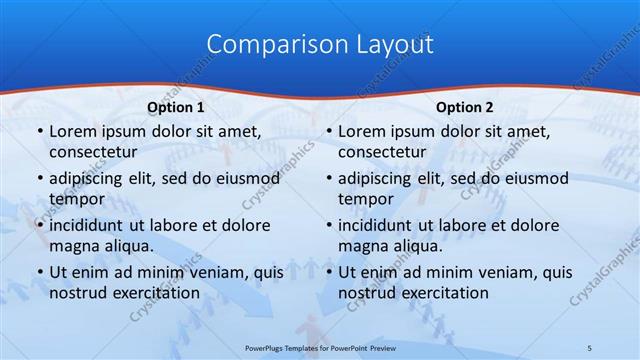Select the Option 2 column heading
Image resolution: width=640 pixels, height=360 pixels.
tap(465, 106)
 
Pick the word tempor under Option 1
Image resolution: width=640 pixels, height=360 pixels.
tap(77, 199)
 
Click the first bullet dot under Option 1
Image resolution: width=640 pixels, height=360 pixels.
tap(38, 132)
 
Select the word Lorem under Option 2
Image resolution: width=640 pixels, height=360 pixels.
tap(361, 132)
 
